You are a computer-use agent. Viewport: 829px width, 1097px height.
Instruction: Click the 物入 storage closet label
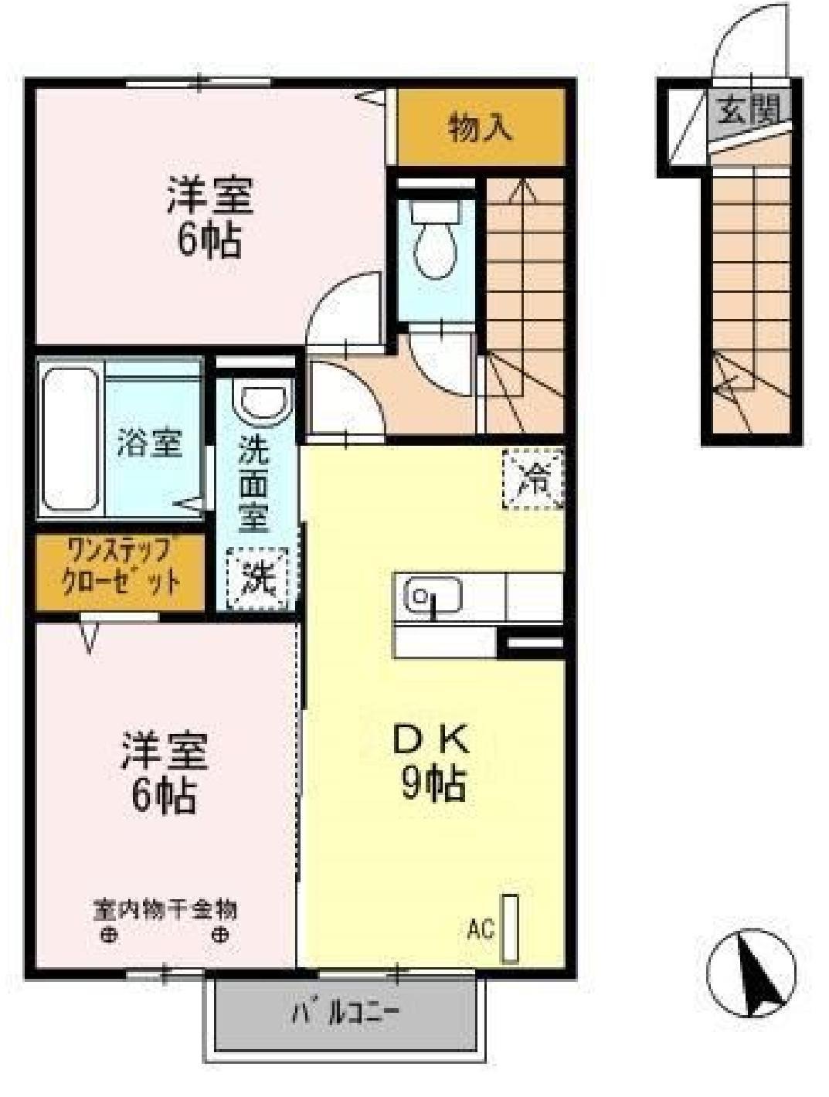481,127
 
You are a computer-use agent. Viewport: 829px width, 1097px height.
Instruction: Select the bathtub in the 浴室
70,439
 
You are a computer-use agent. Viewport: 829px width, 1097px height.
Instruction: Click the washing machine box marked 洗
258,578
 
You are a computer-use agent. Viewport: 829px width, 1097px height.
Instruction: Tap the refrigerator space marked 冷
533,479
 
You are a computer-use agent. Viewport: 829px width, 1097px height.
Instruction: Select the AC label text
480,929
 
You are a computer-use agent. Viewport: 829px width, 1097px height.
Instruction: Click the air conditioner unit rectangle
510,928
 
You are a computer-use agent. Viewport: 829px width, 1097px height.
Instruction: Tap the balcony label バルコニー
345,1013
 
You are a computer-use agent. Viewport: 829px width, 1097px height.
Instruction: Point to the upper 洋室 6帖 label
209,218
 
